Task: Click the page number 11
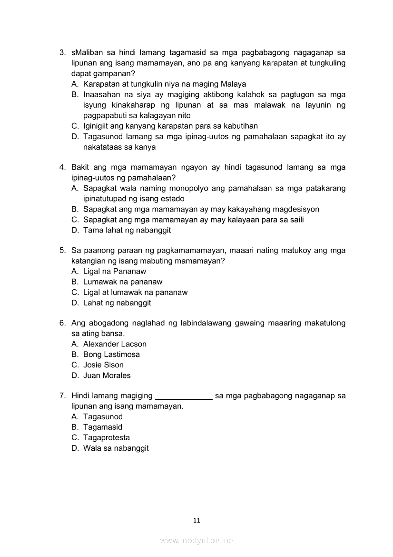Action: [x=196, y=520]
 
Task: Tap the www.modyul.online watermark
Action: [x=196, y=541]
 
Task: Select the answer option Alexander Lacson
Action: [x=115, y=344]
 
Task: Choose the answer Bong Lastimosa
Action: [x=111, y=354]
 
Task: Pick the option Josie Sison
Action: [x=103, y=365]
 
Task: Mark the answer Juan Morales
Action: [x=107, y=375]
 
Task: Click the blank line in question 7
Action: [x=184, y=396]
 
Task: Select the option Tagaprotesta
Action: [x=106, y=437]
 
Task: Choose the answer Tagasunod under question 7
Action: [x=103, y=416]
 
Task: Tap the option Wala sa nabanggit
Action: [x=116, y=448]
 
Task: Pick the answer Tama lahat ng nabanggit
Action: [x=127, y=230]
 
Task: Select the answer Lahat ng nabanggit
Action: [x=117, y=303]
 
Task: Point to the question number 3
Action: [x=62, y=52]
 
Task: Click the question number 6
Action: [x=62, y=323]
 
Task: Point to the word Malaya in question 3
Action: [x=230, y=84]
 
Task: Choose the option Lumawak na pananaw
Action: [x=123, y=282]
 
